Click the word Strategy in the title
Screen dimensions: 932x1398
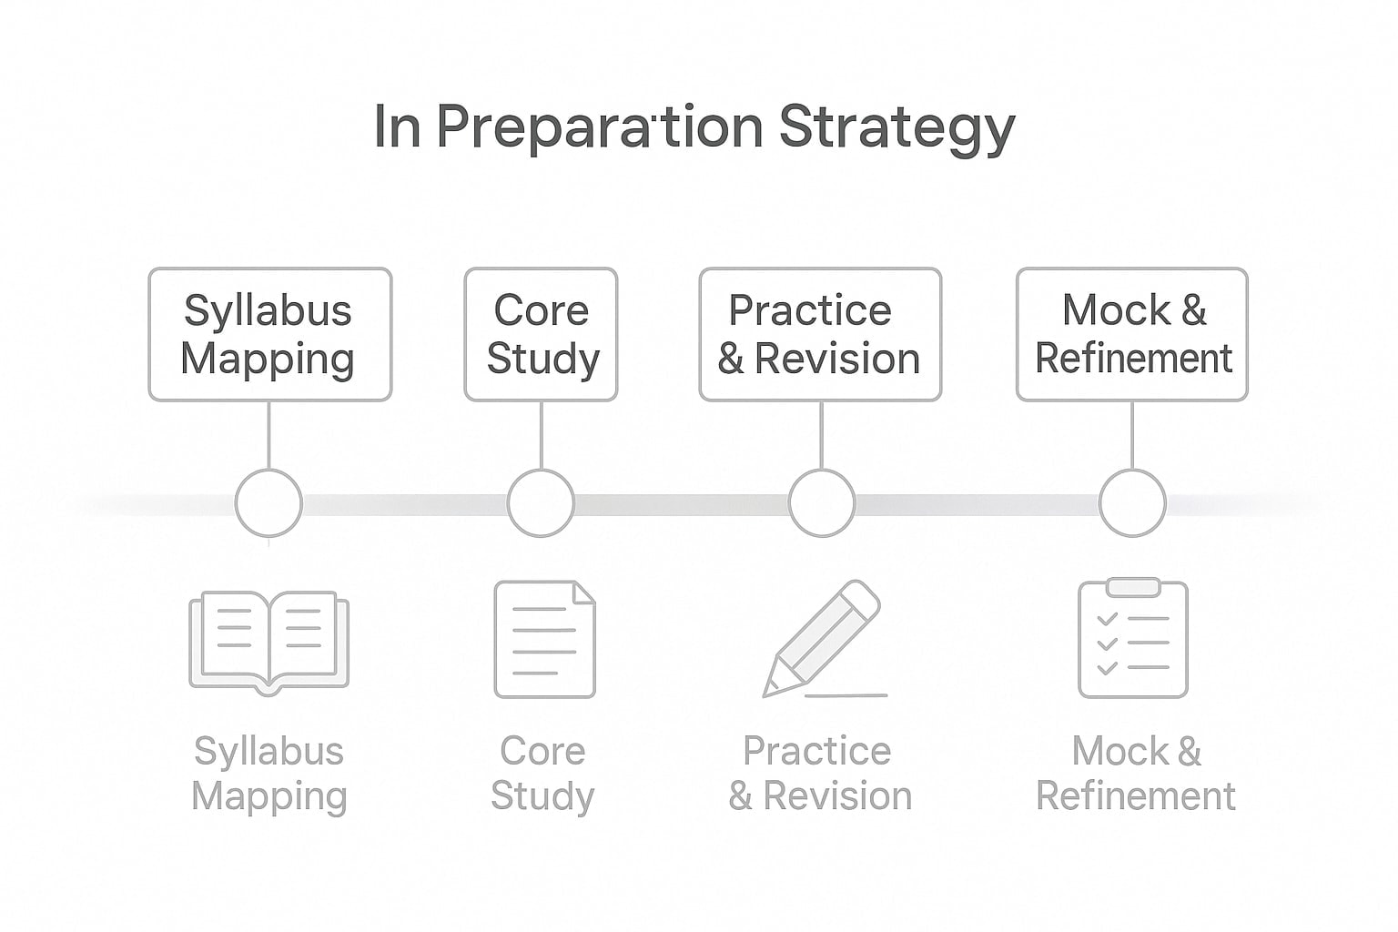pos(897,128)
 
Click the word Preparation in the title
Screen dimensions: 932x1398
pos(599,127)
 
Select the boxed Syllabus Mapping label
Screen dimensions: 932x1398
pos(269,334)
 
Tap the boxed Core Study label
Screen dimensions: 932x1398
pos(542,334)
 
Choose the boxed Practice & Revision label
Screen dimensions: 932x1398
pos(819,334)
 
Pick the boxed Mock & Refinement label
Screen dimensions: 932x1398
pos(1132,334)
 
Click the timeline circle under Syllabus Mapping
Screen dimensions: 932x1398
pos(268,503)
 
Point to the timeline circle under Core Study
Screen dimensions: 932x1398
pos(541,503)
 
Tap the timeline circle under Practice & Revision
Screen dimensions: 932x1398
pos(822,503)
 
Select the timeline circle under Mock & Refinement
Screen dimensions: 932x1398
pos(1132,503)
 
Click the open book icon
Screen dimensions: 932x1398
pos(268,641)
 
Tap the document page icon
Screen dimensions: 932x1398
pos(544,640)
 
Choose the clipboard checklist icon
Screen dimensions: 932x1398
pos(1133,640)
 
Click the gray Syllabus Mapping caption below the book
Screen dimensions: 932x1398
pos(269,774)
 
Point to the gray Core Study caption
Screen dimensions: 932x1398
pos(542,774)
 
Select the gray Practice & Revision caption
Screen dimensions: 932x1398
pos(819,774)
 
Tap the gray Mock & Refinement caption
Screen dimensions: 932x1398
pos(1136,774)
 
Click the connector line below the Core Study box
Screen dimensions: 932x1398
pos(542,435)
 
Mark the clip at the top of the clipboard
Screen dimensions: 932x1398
pos(1133,587)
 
